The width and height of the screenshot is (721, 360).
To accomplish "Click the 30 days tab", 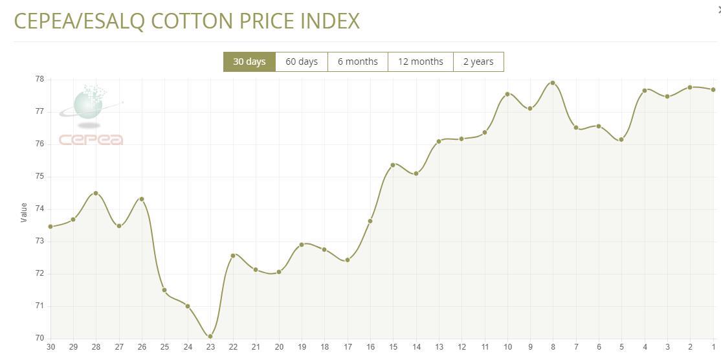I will coord(249,62).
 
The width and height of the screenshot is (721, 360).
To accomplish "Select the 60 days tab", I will coord(302,62).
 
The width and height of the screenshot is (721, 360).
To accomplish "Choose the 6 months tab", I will coord(357,62).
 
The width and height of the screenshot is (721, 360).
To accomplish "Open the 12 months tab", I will coord(420,62).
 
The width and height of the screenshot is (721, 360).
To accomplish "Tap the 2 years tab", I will coord(478,62).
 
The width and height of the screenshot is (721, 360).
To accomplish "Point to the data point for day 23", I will coord(210,337).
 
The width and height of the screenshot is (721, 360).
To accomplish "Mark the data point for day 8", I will coord(553,83).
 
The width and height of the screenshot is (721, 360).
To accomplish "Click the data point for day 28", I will coord(96,193).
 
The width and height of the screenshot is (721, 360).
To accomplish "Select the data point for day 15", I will coord(393,165).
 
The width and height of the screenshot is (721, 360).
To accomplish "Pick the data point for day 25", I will coord(164,290).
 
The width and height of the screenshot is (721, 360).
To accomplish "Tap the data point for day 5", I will coord(621,140).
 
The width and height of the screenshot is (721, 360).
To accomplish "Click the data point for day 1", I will coord(713,89).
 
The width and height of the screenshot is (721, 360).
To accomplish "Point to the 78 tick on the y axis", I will coord(39,79).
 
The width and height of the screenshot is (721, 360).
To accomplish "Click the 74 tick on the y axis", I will coord(39,208).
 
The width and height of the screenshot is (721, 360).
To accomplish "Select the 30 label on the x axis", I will coord(50,347).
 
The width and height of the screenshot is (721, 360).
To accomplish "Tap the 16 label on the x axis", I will coord(370,347).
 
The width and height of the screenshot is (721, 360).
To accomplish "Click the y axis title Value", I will coord(24,212).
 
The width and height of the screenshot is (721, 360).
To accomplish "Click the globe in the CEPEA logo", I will coord(88,105).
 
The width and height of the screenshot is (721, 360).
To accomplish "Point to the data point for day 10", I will coord(507,94).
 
